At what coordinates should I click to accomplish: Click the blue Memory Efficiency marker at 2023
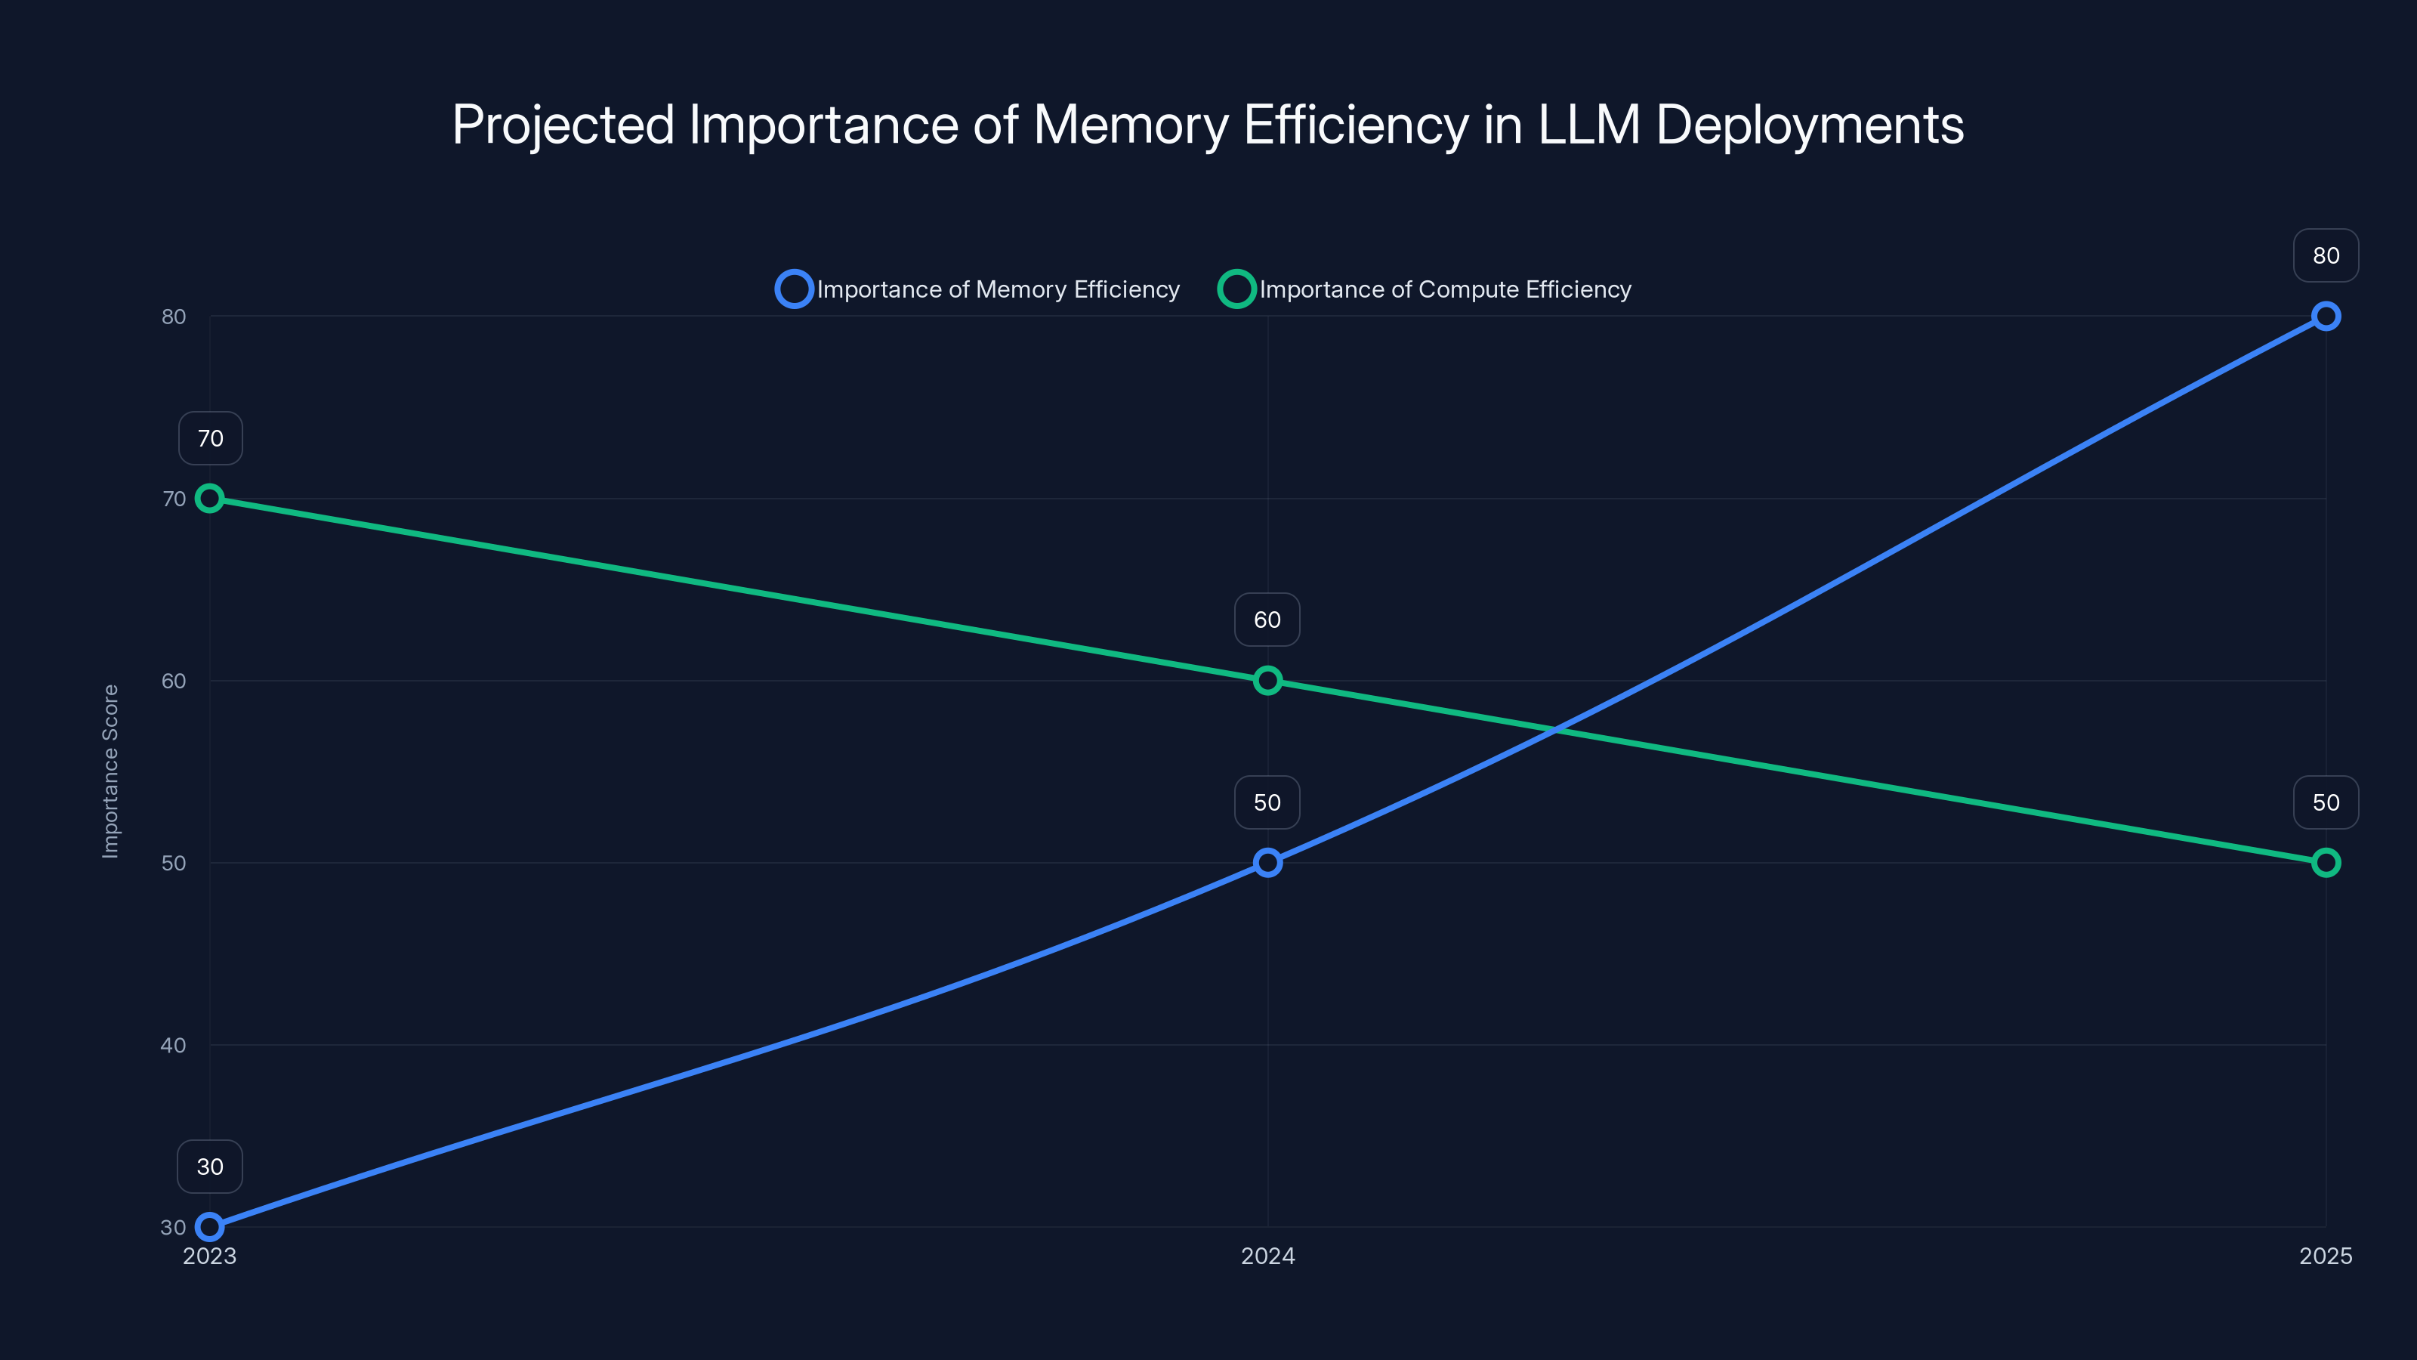(209, 1227)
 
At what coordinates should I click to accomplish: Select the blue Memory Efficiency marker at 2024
(1267, 863)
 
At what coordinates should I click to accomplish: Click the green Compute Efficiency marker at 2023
(209, 499)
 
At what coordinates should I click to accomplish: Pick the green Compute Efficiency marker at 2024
(1267, 681)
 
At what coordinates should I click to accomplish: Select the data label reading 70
(210, 438)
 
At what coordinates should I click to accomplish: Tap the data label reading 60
(1267, 620)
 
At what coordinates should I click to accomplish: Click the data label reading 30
(210, 1167)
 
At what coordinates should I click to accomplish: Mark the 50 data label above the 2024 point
(1267, 802)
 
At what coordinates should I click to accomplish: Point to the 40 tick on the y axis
(174, 1045)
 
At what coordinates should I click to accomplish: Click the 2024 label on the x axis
(1267, 1256)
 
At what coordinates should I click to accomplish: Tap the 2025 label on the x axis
(2325, 1256)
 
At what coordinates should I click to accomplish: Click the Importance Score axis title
(111, 771)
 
